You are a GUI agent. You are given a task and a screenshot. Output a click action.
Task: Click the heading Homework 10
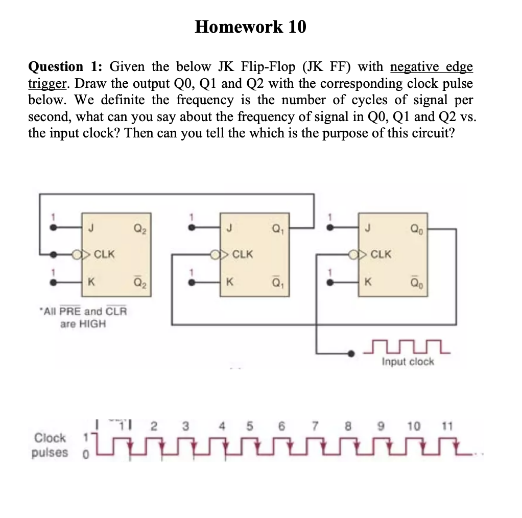(250, 26)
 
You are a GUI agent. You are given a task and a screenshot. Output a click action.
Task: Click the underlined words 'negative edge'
(432, 67)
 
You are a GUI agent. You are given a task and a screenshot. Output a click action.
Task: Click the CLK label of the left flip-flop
(104, 253)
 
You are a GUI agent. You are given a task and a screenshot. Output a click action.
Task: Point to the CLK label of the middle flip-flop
(242, 253)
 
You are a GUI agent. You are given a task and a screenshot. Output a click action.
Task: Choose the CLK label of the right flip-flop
(381, 253)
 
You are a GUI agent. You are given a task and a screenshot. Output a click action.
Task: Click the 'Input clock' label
(408, 362)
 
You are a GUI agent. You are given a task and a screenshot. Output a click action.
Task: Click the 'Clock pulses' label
(50, 444)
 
